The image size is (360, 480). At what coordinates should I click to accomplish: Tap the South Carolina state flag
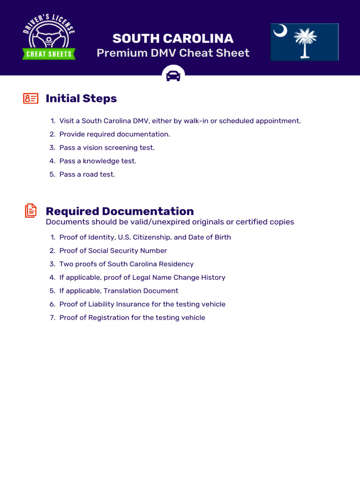click(x=304, y=42)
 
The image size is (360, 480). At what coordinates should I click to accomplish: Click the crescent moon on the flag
click(x=280, y=31)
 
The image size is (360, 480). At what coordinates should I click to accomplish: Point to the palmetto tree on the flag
click(x=305, y=42)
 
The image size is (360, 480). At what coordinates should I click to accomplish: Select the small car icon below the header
click(x=173, y=75)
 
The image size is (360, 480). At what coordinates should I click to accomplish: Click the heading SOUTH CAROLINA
click(x=173, y=38)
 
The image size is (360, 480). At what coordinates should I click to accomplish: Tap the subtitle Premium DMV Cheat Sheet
click(x=173, y=53)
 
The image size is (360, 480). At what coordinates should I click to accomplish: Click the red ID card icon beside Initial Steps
click(x=30, y=98)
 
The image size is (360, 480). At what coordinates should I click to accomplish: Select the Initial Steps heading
click(x=81, y=98)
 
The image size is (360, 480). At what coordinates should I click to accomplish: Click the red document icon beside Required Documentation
click(x=30, y=210)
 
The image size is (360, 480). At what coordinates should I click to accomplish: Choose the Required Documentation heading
click(x=120, y=211)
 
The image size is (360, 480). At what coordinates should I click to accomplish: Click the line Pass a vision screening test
click(x=107, y=148)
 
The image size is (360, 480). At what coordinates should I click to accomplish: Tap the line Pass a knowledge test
click(x=97, y=161)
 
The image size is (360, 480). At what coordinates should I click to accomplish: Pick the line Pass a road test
click(x=87, y=174)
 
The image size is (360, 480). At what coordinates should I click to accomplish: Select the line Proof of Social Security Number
click(x=113, y=251)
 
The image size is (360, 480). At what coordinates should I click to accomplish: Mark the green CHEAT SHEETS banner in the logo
click(x=49, y=54)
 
